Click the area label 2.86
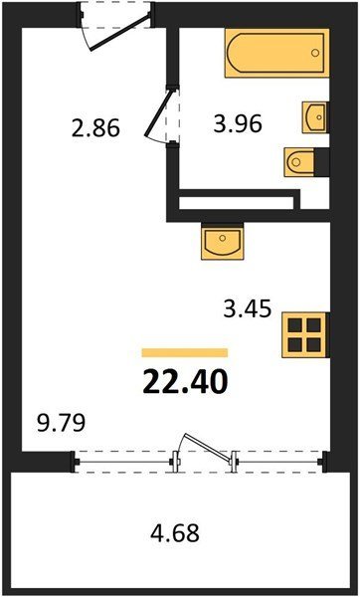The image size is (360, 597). click(x=95, y=128)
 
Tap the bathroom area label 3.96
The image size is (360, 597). click(x=238, y=124)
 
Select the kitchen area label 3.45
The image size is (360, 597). click(x=248, y=309)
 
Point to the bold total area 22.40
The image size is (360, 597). click(x=185, y=382)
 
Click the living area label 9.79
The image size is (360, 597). click(x=60, y=424)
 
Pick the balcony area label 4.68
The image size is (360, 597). click(x=175, y=532)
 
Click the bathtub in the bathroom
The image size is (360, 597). click(x=276, y=53)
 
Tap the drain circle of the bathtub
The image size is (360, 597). click(x=314, y=53)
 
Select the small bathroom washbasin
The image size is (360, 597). click(x=315, y=117)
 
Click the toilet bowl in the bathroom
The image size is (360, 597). click(x=299, y=162)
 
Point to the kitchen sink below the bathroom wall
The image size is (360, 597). click(x=222, y=242)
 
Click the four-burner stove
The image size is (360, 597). click(x=304, y=335)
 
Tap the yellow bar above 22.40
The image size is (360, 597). click(x=185, y=352)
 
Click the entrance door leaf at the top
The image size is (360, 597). click(x=119, y=33)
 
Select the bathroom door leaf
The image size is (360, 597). click(x=159, y=112)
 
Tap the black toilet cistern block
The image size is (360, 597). click(x=322, y=162)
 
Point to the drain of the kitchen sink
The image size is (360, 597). click(x=222, y=238)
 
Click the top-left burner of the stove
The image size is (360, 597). click(x=295, y=325)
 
